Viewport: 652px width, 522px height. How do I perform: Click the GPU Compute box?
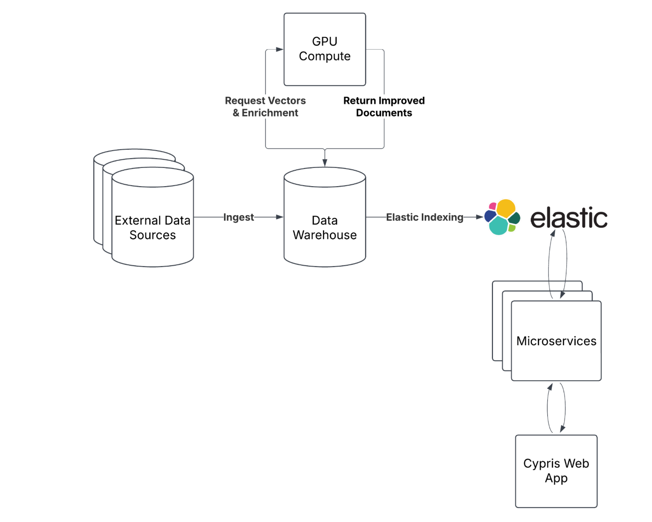325,49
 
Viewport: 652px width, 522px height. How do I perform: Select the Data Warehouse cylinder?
325,217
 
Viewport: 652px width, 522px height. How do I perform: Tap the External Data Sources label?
152,227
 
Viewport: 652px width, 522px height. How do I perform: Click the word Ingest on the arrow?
239,217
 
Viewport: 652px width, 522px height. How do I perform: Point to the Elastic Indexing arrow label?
424,217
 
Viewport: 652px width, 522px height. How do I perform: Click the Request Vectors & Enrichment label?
265,107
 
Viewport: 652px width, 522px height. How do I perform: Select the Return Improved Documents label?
384,107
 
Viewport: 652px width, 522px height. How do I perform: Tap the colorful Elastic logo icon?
502,217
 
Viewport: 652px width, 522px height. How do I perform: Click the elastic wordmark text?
569,218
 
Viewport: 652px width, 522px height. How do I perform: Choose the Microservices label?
556,341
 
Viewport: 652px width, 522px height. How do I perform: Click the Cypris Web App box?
556,471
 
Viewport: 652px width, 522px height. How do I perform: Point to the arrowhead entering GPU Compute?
280,49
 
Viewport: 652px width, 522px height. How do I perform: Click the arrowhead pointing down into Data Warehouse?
325,163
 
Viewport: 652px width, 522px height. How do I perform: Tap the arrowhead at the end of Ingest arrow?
280,217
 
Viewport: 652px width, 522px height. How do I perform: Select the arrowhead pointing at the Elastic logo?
479,217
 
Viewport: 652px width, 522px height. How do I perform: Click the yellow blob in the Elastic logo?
506,208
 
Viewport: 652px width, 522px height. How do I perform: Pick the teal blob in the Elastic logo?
499,226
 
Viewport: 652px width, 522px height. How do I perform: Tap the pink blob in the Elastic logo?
493,206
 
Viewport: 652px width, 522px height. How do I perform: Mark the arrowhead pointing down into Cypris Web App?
563,428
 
